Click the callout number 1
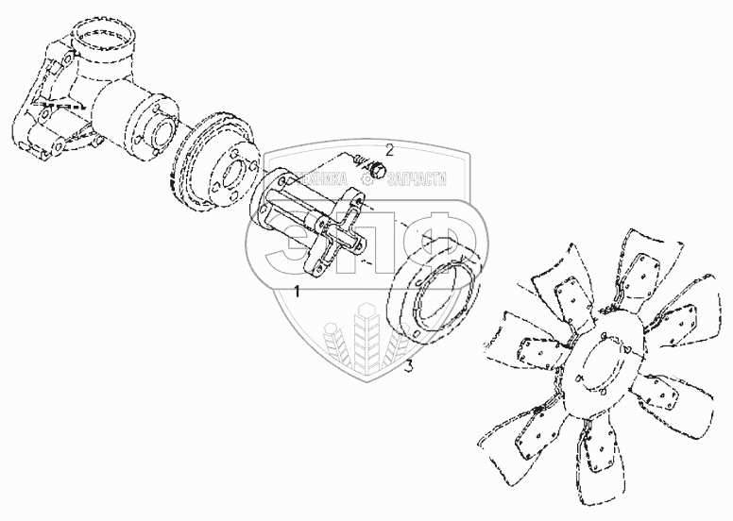tap(298, 292)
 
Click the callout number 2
tap(388, 150)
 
